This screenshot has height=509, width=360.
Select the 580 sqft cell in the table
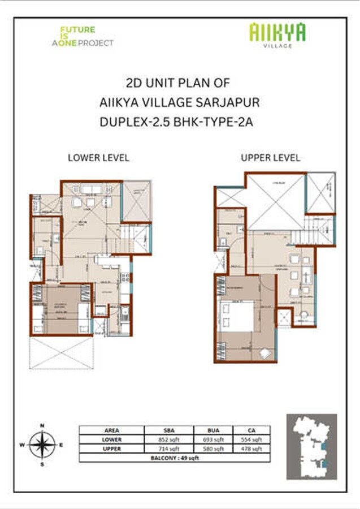pyautogui.click(x=216, y=449)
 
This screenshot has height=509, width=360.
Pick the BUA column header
pyautogui.click(x=216, y=430)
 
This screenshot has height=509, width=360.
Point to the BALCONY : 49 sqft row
pyautogui.click(x=175, y=458)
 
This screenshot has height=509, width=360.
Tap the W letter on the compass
pyautogui.click(x=22, y=445)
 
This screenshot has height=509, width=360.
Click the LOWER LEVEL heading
pyautogui.click(x=98, y=158)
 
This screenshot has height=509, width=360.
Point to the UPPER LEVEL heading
pyautogui.click(x=270, y=158)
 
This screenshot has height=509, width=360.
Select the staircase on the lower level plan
pyautogui.click(x=136, y=238)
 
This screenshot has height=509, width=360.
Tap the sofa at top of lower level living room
pyautogui.click(x=90, y=189)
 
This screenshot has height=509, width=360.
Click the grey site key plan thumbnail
pyautogui.click(x=311, y=447)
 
